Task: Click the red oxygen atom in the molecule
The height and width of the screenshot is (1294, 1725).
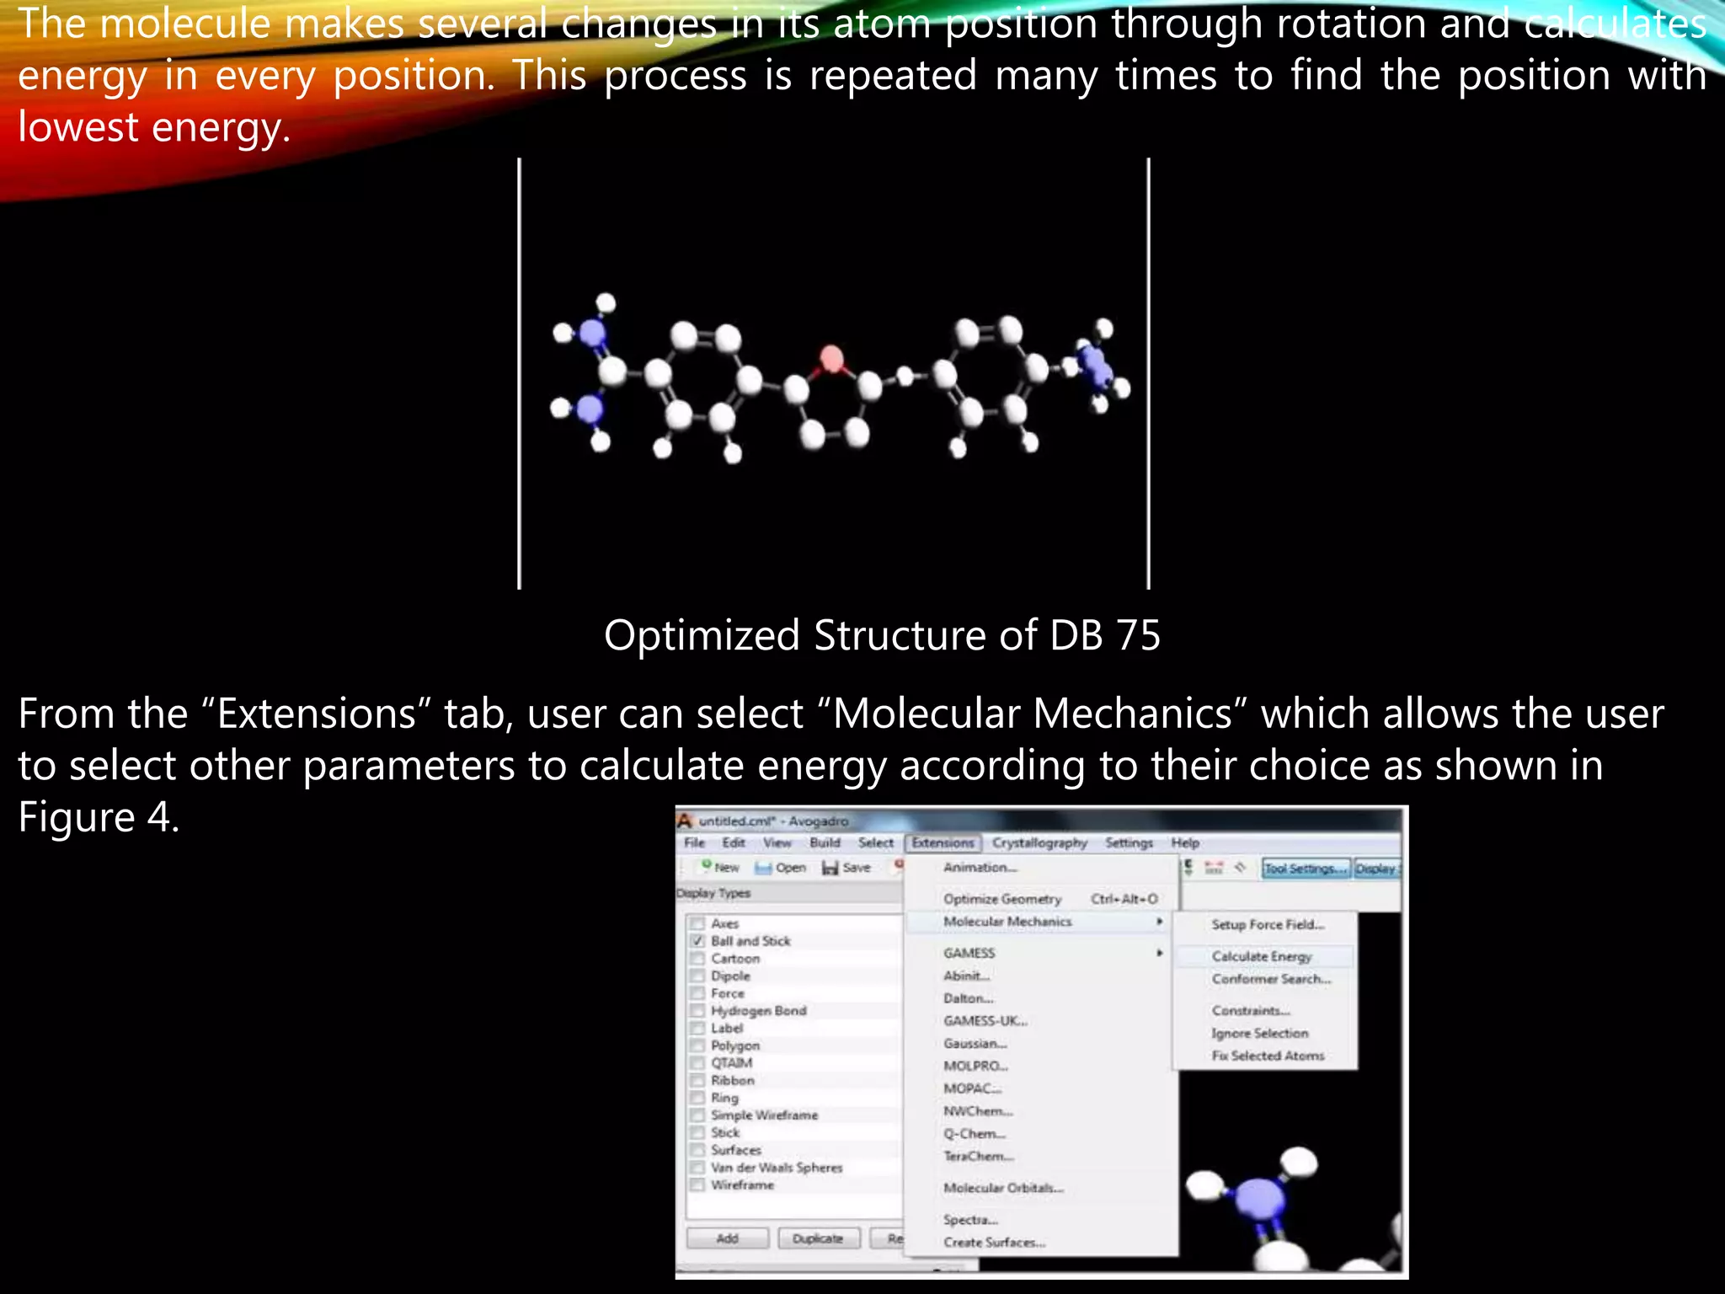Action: [x=831, y=360]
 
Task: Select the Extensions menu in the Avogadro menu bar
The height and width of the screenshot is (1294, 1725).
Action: [x=943, y=842]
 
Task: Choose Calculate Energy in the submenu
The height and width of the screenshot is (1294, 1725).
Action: [x=1261, y=956]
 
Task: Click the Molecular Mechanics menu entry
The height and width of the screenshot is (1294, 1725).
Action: [x=1007, y=922]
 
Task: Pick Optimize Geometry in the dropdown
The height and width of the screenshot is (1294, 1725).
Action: [x=1002, y=899]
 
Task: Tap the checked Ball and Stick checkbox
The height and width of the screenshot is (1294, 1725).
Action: [x=697, y=941]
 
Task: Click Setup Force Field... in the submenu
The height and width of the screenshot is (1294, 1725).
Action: [x=1268, y=924]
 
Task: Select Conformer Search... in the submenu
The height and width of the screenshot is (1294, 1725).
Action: [x=1271, y=979]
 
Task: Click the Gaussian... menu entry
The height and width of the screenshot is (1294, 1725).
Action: [x=975, y=1043]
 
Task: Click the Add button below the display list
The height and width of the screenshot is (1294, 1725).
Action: [x=727, y=1238]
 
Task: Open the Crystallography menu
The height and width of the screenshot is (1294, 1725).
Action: [x=1039, y=842]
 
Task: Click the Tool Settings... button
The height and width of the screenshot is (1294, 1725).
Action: [x=1305, y=869]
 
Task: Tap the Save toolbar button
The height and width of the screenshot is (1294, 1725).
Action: [x=846, y=867]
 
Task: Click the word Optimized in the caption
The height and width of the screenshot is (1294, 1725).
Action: [x=701, y=637]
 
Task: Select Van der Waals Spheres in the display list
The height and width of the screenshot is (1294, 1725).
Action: [x=776, y=1168]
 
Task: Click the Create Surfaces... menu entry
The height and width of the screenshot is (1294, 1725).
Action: [x=994, y=1243]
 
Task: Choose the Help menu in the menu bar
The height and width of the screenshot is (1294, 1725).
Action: [x=1184, y=842]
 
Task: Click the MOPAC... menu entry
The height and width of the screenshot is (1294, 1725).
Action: [x=972, y=1088]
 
